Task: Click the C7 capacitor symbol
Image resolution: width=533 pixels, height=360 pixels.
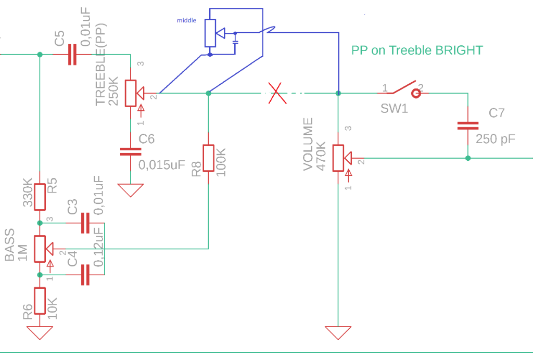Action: (467, 125)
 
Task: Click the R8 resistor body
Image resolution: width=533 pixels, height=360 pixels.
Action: (208, 158)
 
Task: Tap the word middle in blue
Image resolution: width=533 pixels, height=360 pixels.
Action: (186, 20)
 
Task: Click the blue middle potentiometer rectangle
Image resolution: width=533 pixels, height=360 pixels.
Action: (210, 33)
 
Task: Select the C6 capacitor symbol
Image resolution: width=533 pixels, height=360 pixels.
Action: (130, 151)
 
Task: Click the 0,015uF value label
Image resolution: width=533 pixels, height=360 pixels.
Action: (162, 165)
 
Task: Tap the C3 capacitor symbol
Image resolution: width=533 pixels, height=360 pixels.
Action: (85, 223)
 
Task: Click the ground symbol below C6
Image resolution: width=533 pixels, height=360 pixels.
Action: (130, 190)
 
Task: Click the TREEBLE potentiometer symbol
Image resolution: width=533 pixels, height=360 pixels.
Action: (131, 93)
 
